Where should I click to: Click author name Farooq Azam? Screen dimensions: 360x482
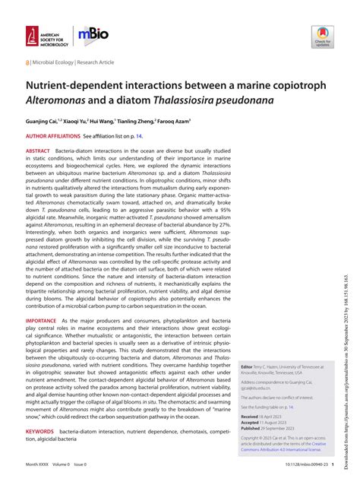[174, 120]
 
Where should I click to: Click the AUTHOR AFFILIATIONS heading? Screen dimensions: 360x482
[55, 135]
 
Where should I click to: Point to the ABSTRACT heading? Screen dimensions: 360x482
[38, 151]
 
